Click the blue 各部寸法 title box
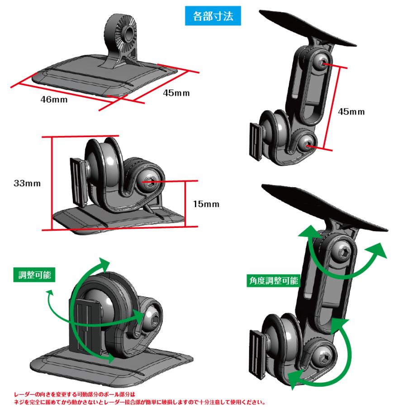click(x=213, y=18)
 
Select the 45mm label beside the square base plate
click(x=176, y=93)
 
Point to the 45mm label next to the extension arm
click(x=351, y=111)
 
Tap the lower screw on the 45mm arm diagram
click(x=308, y=145)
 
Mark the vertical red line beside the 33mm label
click(x=52, y=183)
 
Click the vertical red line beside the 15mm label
click(x=185, y=203)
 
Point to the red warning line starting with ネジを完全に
click(x=136, y=401)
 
